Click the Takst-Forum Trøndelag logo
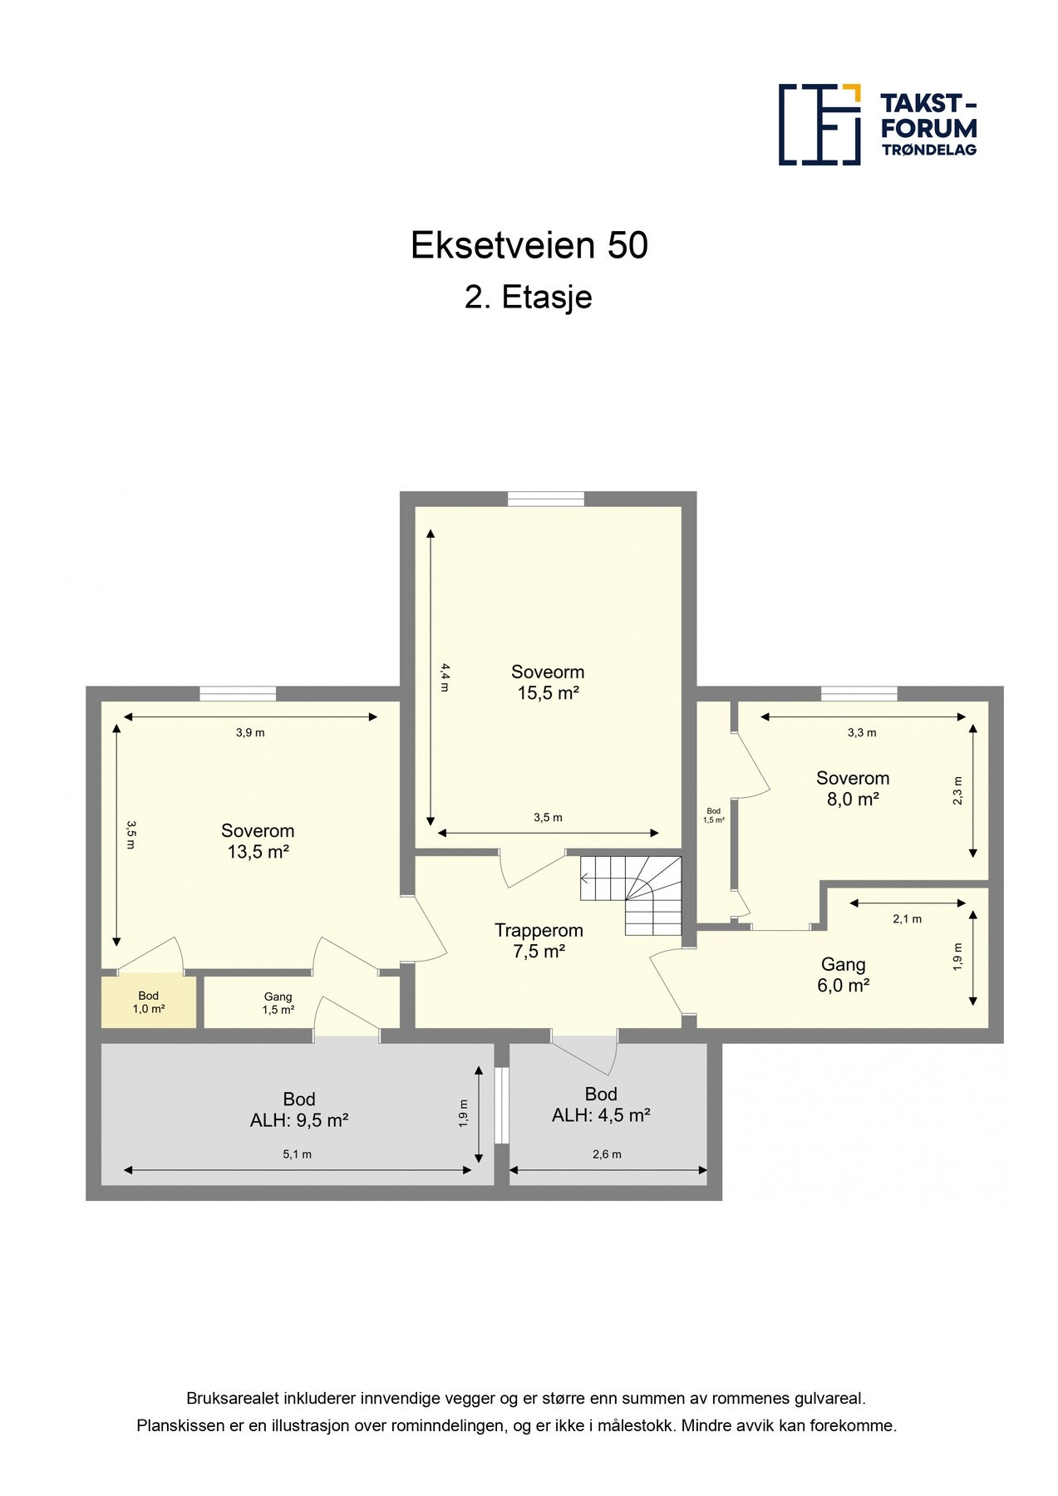pos(877,125)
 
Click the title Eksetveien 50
pos(529,246)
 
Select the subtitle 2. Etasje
pos(528,297)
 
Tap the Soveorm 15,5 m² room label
pos(547,682)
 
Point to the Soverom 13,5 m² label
pos(258,840)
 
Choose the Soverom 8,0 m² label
pos(852,788)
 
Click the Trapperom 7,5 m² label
pos(539,941)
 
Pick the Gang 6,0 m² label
pos(843,974)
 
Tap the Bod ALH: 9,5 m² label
pos(298,1110)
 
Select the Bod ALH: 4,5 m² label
pos(600,1105)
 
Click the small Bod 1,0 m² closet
pos(149,1001)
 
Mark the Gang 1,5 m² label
pos(278,1003)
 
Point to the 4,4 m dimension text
pos(445,677)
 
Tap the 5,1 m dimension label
pos(297,1154)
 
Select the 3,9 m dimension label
pos(249,732)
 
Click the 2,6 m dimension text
pos(606,1154)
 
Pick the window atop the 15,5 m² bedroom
pos(545,499)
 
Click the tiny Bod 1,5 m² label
pos(713,814)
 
